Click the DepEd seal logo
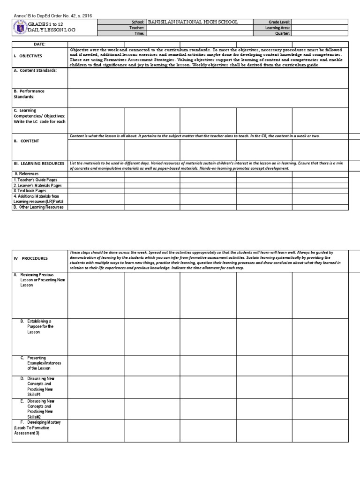point(19,28)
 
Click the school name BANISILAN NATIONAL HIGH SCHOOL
point(193,22)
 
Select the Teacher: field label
point(137,28)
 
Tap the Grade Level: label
point(279,22)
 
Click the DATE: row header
point(39,44)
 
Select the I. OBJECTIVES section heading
point(28,56)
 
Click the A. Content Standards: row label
point(35,70)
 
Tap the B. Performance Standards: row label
point(29,94)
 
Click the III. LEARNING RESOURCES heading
point(39,164)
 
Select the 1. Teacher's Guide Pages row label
point(35,180)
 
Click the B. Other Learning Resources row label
point(38,207)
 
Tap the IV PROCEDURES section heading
point(30,258)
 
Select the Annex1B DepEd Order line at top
point(52,15)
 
